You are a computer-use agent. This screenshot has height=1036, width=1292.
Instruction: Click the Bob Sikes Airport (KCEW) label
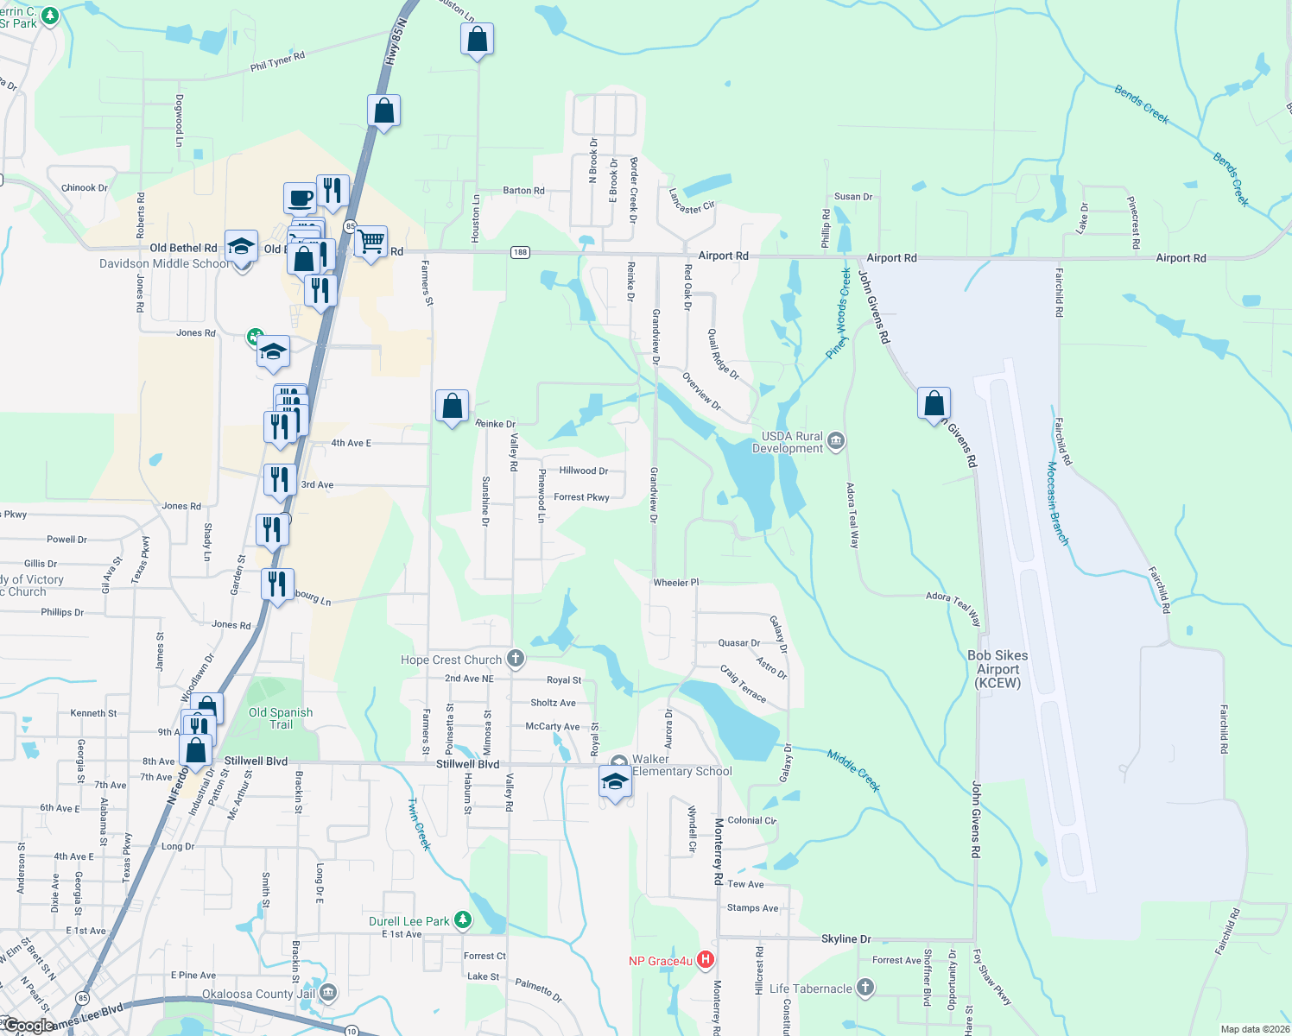pos(997,669)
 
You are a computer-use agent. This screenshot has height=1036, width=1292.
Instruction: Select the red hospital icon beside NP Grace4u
pos(706,959)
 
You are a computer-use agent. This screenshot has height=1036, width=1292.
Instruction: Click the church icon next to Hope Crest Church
pos(516,660)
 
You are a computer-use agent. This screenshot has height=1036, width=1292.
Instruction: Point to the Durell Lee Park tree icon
pos(463,920)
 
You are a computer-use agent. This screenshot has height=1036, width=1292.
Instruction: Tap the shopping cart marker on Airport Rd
pos(371,242)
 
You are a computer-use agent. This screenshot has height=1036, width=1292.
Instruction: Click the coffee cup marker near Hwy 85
pos(301,199)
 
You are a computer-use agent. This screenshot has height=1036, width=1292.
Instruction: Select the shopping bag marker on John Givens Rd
pos(934,403)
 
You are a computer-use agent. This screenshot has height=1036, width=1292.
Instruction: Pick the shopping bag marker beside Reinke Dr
pos(452,405)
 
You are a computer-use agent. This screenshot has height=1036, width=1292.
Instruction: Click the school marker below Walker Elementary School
pos(614,782)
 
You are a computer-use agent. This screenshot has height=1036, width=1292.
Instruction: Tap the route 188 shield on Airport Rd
pos(519,252)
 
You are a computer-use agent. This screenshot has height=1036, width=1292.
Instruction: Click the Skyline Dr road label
pos(845,938)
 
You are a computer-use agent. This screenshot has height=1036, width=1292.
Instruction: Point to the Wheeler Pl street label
pos(675,583)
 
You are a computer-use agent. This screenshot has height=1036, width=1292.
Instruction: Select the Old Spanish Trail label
pos(281,718)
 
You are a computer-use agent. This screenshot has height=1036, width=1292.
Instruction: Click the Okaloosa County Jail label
pos(260,994)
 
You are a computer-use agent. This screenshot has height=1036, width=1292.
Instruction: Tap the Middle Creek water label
pos(853,770)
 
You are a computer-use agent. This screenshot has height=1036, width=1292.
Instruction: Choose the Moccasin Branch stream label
pos(1058,503)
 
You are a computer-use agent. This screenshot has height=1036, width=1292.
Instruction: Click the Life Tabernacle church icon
pos(865,988)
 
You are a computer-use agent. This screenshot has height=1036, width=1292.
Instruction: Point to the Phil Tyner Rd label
pos(277,62)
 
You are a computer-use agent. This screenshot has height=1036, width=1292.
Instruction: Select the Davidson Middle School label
pos(164,263)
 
